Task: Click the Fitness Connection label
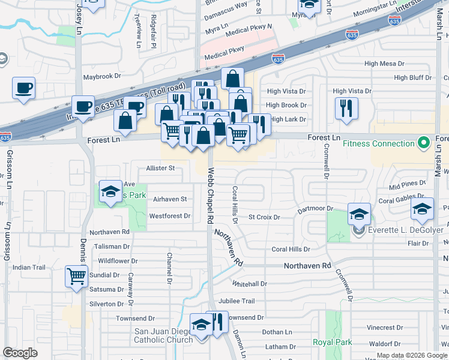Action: click(x=379, y=144)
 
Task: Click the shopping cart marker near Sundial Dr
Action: click(x=77, y=277)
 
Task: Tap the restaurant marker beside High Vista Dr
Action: click(x=346, y=108)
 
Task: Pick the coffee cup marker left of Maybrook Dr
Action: click(x=23, y=88)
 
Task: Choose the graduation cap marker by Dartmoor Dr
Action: click(x=359, y=214)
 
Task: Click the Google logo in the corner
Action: click(x=20, y=353)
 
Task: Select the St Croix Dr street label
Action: click(x=264, y=217)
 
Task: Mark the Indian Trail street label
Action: click(x=29, y=267)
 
